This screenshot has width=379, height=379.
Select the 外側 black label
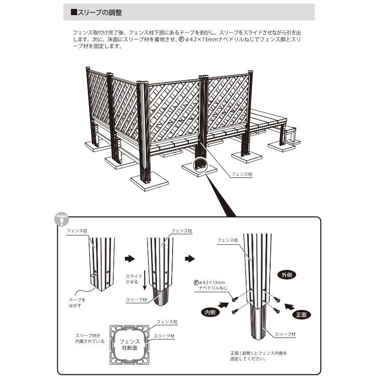pyautogui.click(x=287, y=275)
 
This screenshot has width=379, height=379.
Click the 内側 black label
pyautogui.click(x=210, y=313)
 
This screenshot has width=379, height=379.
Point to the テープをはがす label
pyautogui.click(x=77, y=303)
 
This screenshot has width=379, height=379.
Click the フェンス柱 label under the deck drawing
pyautogui.click(x=242, y=174)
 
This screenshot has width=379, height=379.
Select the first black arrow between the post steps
pyautogui.click(x=129, y=259)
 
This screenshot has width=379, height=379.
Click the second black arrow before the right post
pyautogui.click(x=190, y=259)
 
